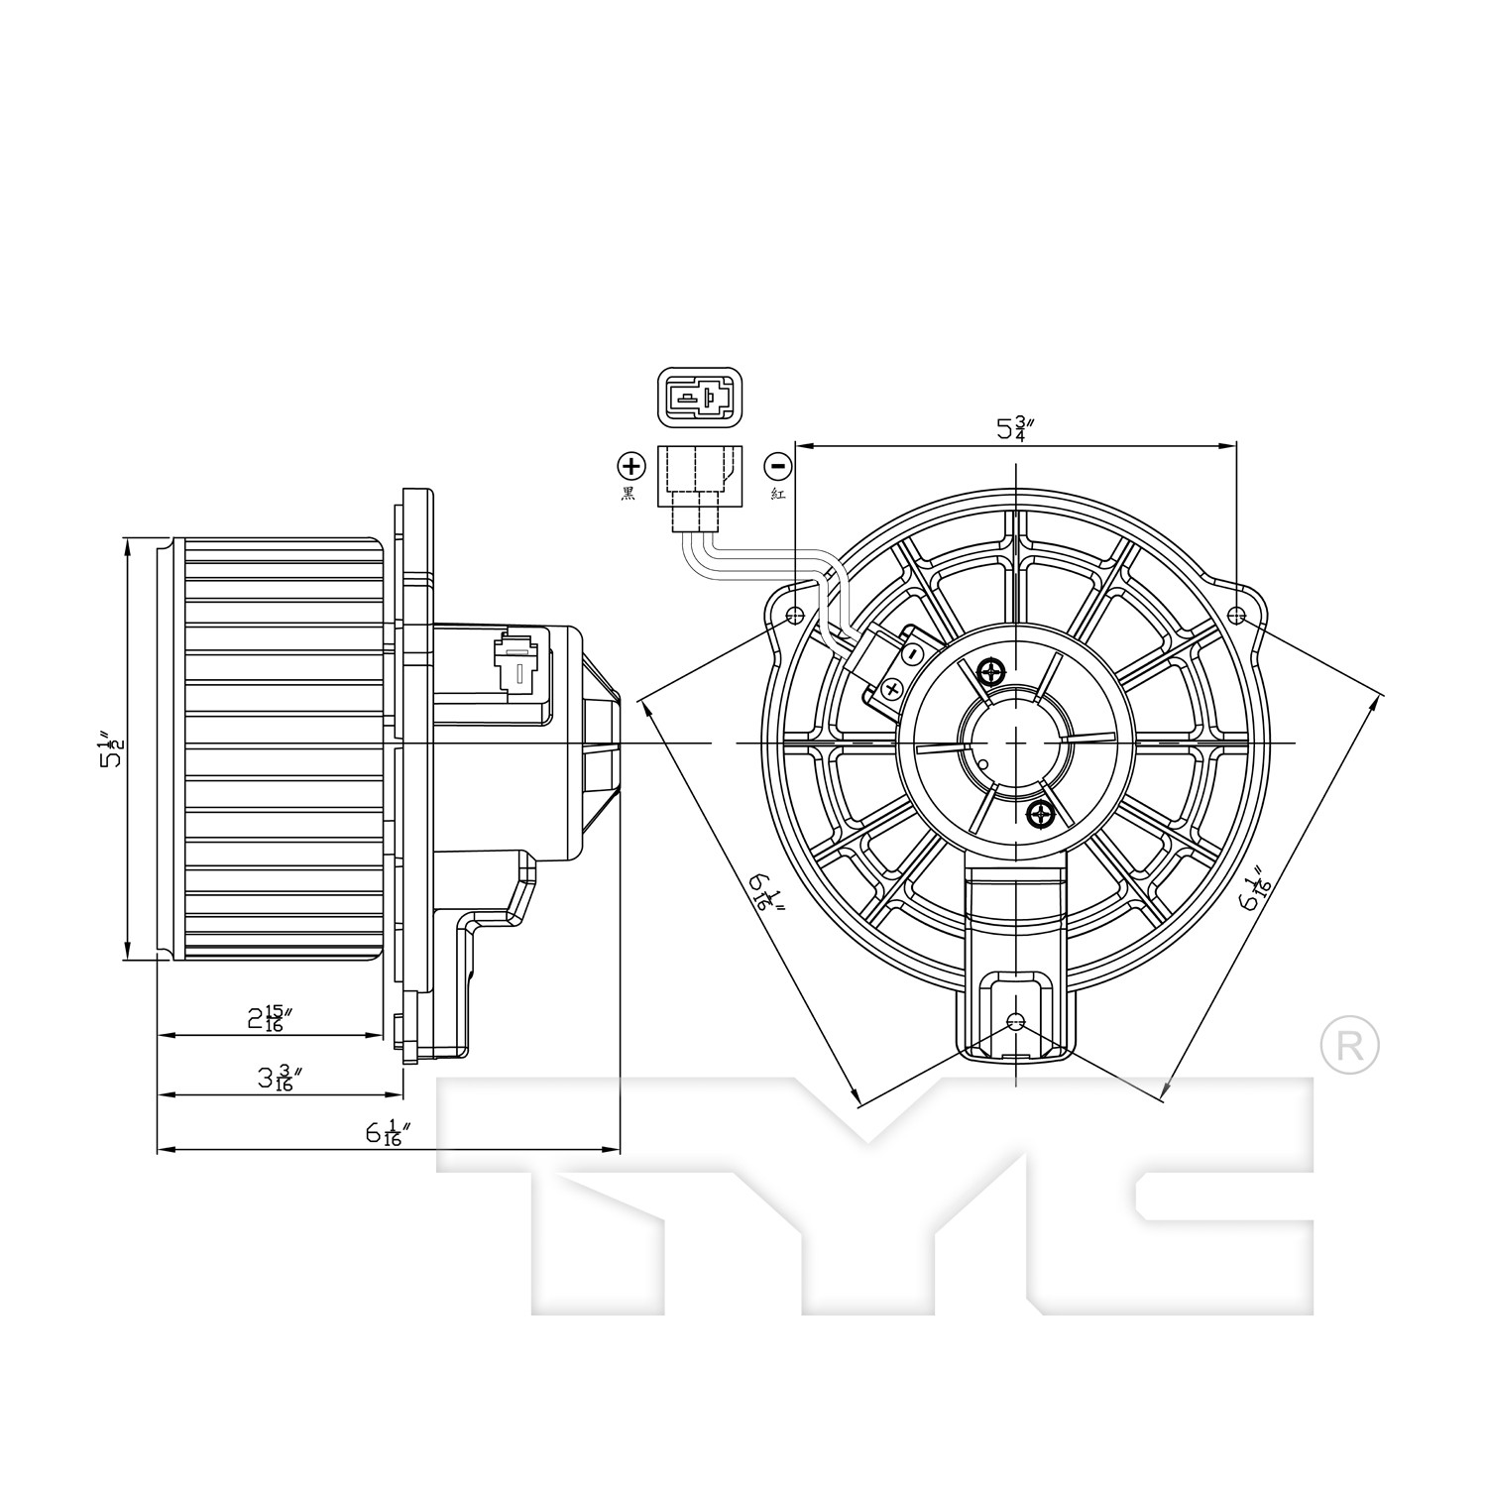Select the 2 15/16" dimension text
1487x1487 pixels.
point(270,1018)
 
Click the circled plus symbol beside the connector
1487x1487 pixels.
point(631,465)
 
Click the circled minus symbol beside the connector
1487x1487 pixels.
point(777,465)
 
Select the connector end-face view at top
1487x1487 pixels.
point(699,399)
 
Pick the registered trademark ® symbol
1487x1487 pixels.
point(1350,1044)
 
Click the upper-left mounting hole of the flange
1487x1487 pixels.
point(793,616)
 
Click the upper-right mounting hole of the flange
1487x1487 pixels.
point(1236,616)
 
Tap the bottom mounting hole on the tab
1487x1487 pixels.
point(1015,1022)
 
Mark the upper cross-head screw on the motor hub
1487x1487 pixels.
point(991,673)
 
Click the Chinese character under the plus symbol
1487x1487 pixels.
point(629,494)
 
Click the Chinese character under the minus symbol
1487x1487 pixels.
point(778,494)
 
